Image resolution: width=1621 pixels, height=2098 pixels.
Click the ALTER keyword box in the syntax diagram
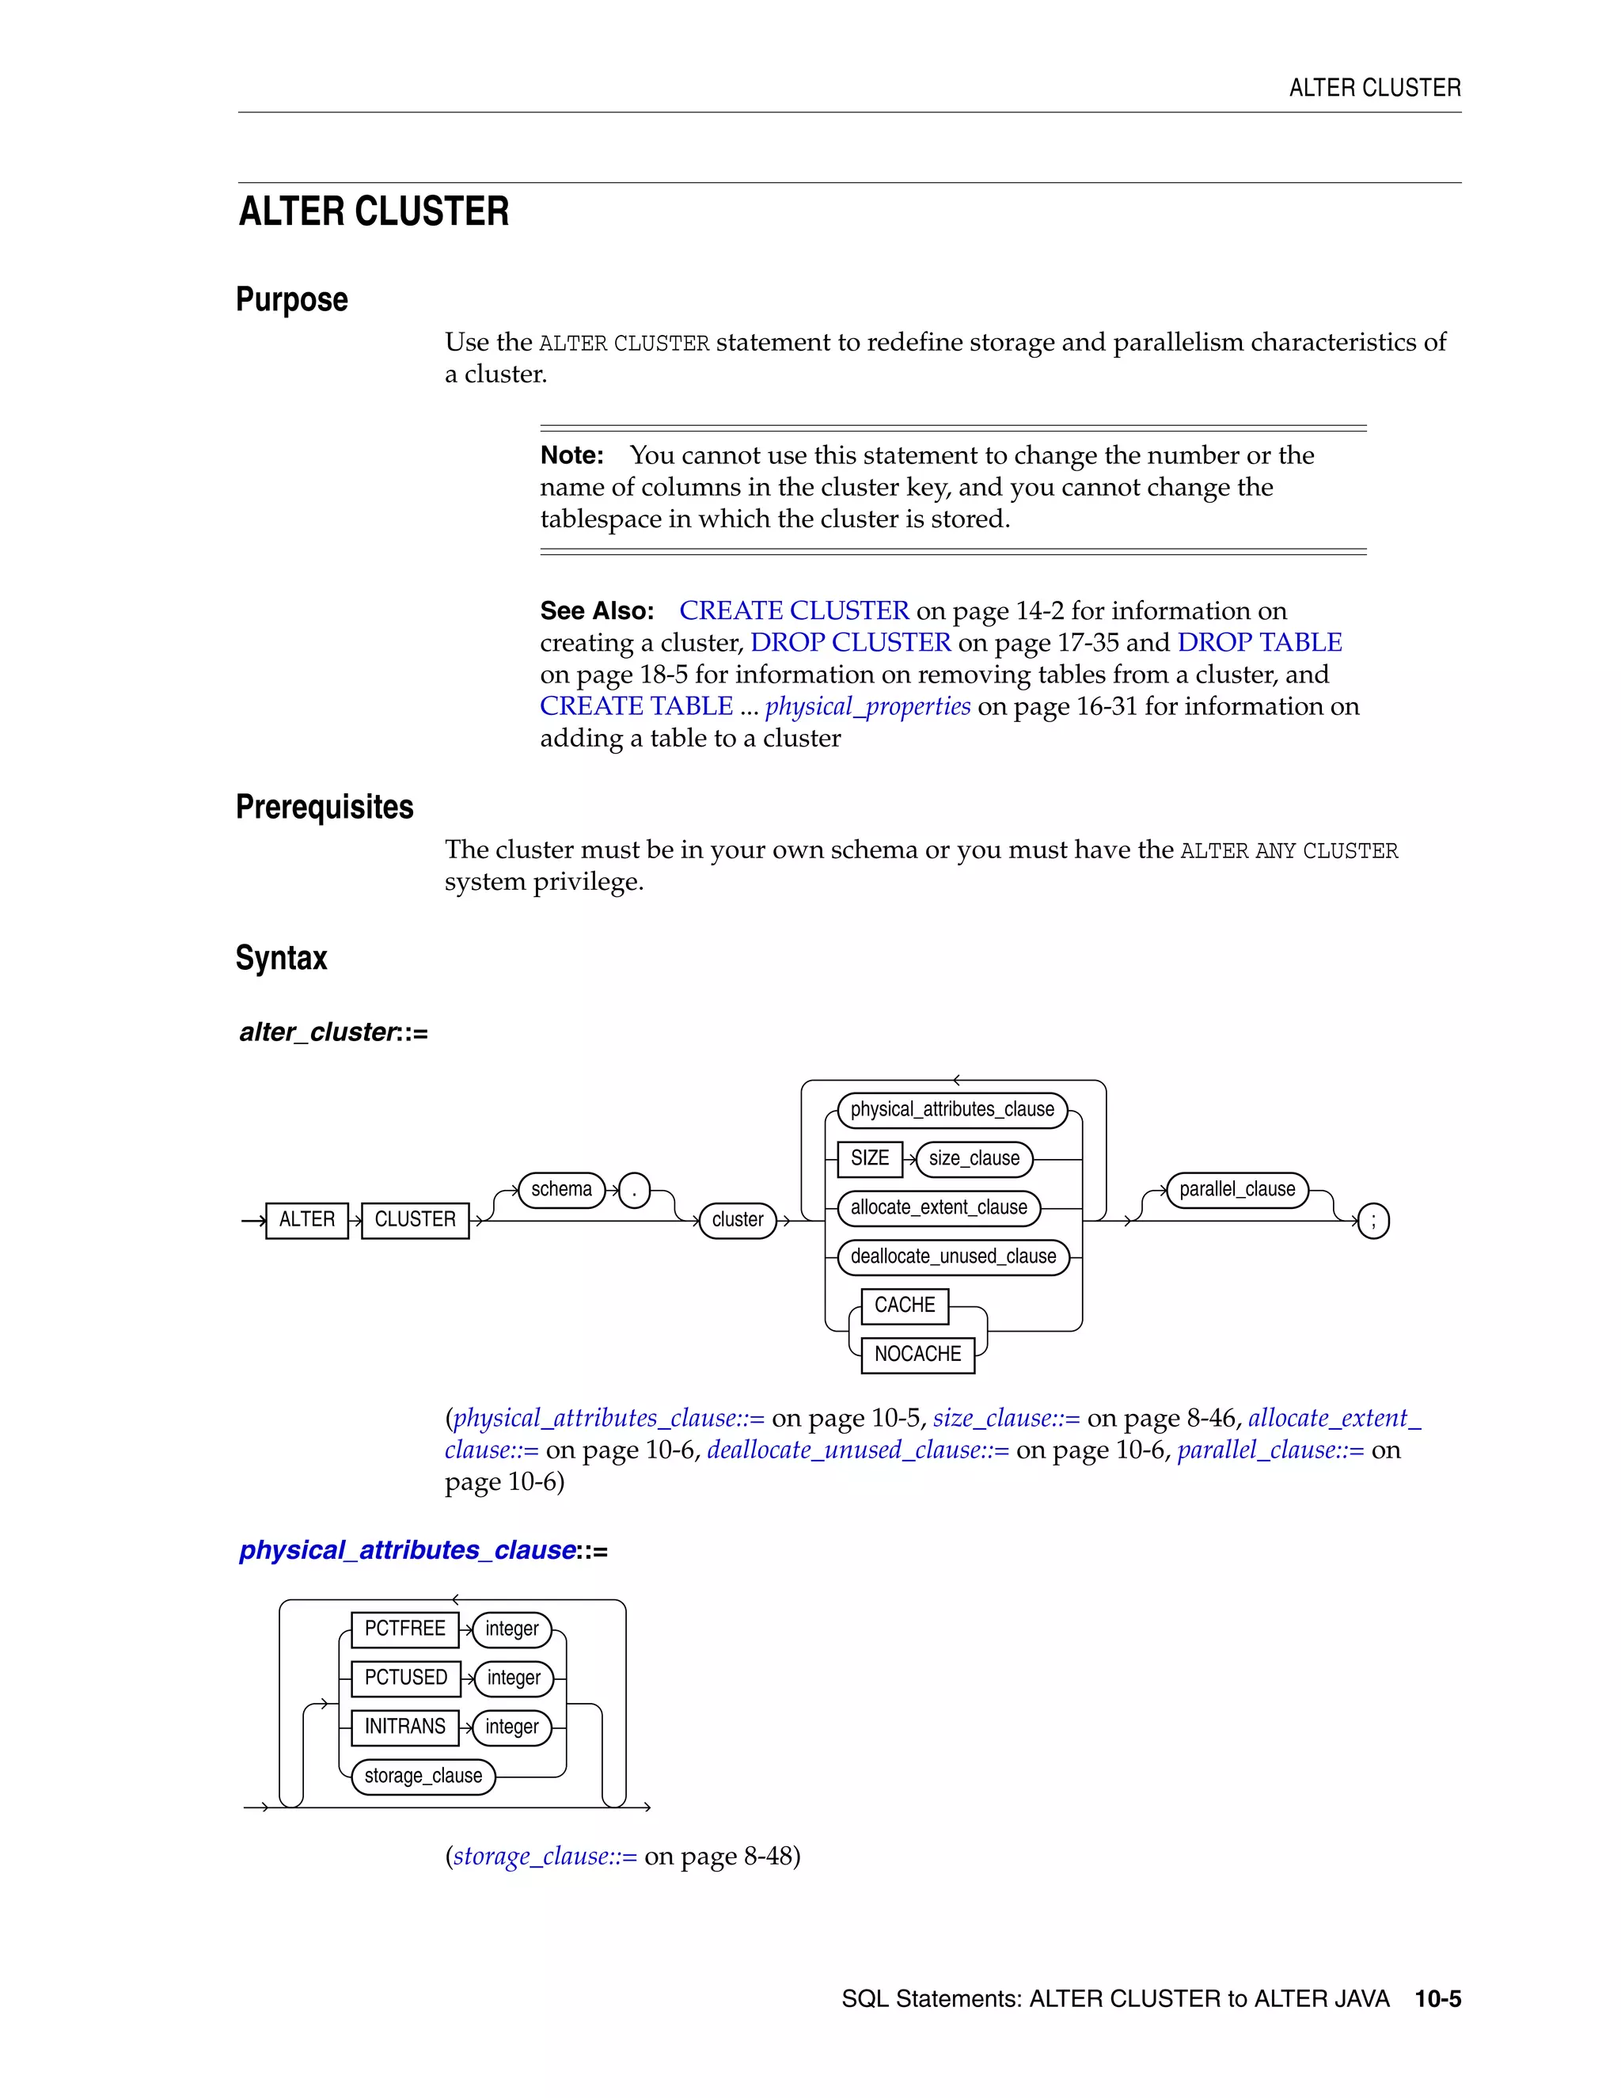point(306,1220)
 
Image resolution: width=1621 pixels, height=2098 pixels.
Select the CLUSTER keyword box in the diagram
point(415,1220)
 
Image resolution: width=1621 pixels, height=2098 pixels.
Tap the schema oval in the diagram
point(562,1189)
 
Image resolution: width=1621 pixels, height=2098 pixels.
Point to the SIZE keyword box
point(869,1158)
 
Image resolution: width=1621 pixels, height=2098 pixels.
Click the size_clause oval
point(974,1158)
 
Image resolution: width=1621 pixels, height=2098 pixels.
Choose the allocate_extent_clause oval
point(938,1207)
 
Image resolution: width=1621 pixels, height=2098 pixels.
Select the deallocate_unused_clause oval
point(953,1256)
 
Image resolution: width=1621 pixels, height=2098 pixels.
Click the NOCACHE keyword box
point(917,1355)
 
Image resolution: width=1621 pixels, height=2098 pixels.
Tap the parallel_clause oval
point(1237,1189)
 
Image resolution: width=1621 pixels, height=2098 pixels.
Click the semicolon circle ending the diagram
point(1373,1221)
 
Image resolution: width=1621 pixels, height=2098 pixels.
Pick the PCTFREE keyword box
point(404,1629)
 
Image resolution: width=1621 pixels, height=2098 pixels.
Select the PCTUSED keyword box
point(405,1678)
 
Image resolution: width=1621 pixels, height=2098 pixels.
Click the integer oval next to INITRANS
point(512,1727)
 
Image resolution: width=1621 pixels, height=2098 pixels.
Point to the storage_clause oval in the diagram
point(423,1777)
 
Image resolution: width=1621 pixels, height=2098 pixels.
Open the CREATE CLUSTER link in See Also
point(793,611)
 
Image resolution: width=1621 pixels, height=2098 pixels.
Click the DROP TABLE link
point(1259,643)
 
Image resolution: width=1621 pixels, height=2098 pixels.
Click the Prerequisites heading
point(325,807)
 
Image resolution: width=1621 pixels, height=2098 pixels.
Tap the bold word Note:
point(571,455)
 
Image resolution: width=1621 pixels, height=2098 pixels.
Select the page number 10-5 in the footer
point(1437,1999)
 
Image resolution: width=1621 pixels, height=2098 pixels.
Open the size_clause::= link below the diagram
point(1005,1419)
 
